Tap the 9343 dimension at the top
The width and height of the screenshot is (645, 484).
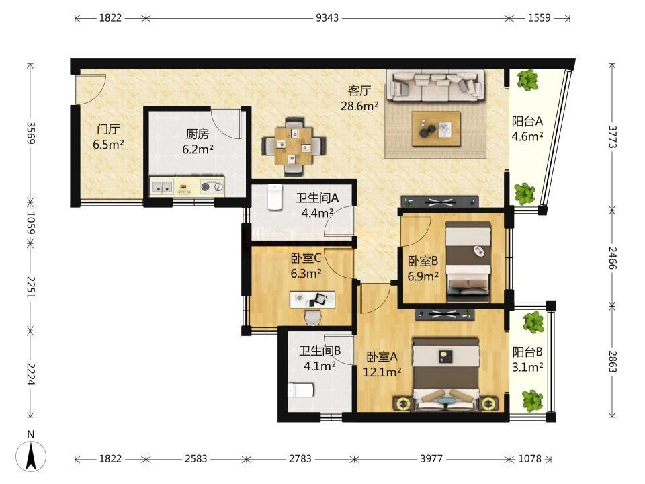click(327, 17)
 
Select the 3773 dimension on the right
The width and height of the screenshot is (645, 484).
click(613, 137)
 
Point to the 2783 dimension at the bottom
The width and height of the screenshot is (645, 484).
click(300, 459)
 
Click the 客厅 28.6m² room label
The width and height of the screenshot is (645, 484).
click(359, 98)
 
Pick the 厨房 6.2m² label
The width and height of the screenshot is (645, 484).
click(198, 141)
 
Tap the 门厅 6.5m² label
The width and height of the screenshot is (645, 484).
click(108, 136)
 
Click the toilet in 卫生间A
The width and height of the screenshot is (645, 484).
click(275, 197)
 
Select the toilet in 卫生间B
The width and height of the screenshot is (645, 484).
click(301, 390)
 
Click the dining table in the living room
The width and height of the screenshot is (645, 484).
click(294, 147)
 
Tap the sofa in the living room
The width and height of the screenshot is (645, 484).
click(437, 86)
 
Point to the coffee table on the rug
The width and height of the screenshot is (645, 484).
click(436, 128)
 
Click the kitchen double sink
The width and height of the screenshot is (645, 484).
click(162, 187)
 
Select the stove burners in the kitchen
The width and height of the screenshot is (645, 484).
click(212, 187)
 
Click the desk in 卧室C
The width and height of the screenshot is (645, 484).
click(312, 300)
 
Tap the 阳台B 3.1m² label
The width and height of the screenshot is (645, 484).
click(527, 359)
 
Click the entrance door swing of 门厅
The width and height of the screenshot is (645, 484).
click(91, 89)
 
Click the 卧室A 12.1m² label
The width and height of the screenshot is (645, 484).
click(382, 364)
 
